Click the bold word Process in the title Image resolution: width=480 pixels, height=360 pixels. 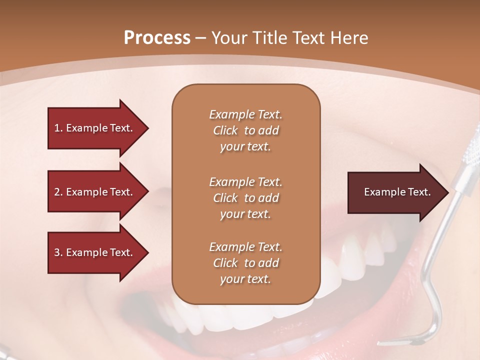pos(157,38)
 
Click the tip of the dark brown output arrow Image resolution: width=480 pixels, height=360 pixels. pos(447,192)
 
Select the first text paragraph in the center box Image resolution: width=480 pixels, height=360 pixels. pos(245,130)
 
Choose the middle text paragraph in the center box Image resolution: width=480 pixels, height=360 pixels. pos(245,197)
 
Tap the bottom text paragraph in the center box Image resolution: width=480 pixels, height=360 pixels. pos(245,263)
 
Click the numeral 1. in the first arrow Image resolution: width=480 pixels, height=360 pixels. pos(58,128)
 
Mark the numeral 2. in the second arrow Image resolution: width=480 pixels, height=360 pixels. pos(58,192)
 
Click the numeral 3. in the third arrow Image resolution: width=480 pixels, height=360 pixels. pos(58,252)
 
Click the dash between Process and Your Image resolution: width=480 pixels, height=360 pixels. pos(200,38)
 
